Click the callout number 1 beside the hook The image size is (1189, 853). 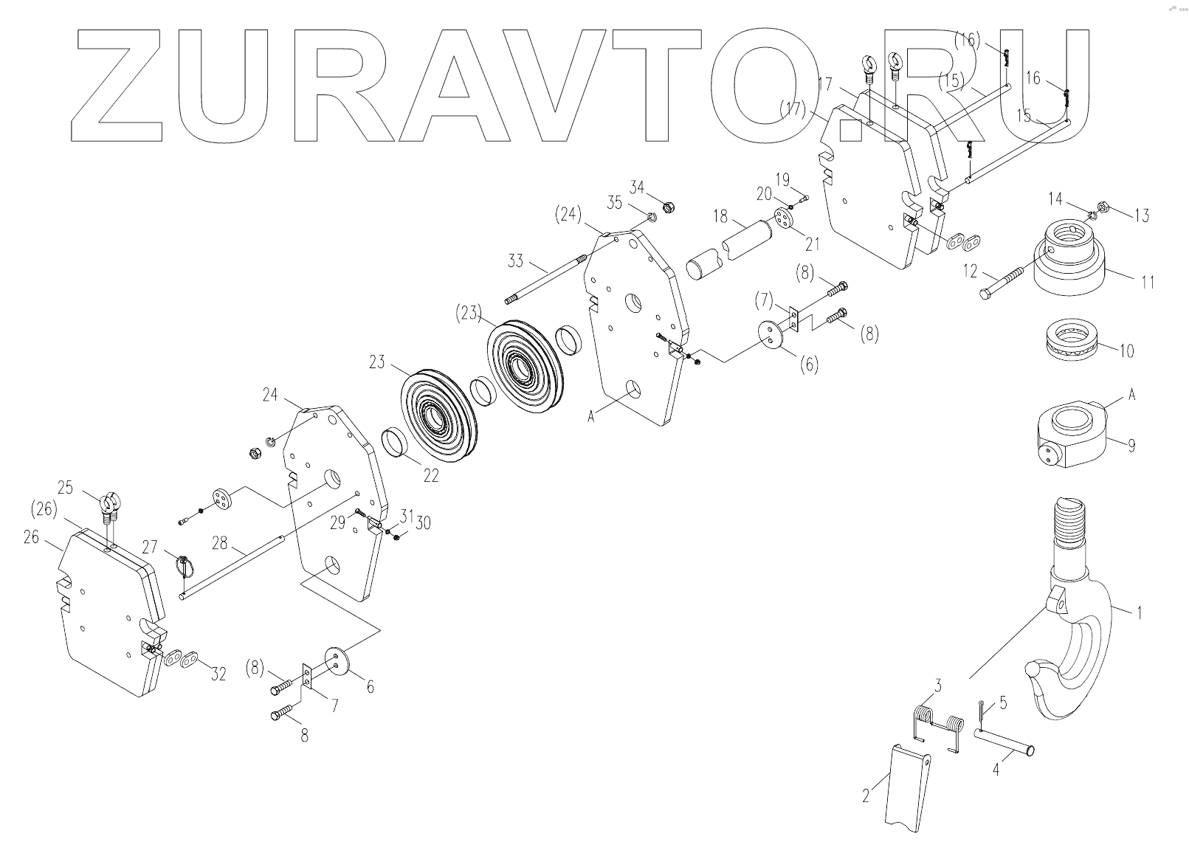tap(1139, 612)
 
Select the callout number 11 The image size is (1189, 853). tap(1147, 281)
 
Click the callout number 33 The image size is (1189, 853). tap(517, 260)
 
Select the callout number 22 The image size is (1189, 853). tap(430, 476)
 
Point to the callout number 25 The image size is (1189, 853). tap(66, 488)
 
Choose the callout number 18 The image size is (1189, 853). tap(721, 218)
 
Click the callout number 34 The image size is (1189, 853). tap(637, 187)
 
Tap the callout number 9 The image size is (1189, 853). tap(1131, 446)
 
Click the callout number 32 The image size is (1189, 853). tap(218, 674)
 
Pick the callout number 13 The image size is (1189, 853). tap(1142, 215)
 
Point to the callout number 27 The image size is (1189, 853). tap(151, 546)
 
